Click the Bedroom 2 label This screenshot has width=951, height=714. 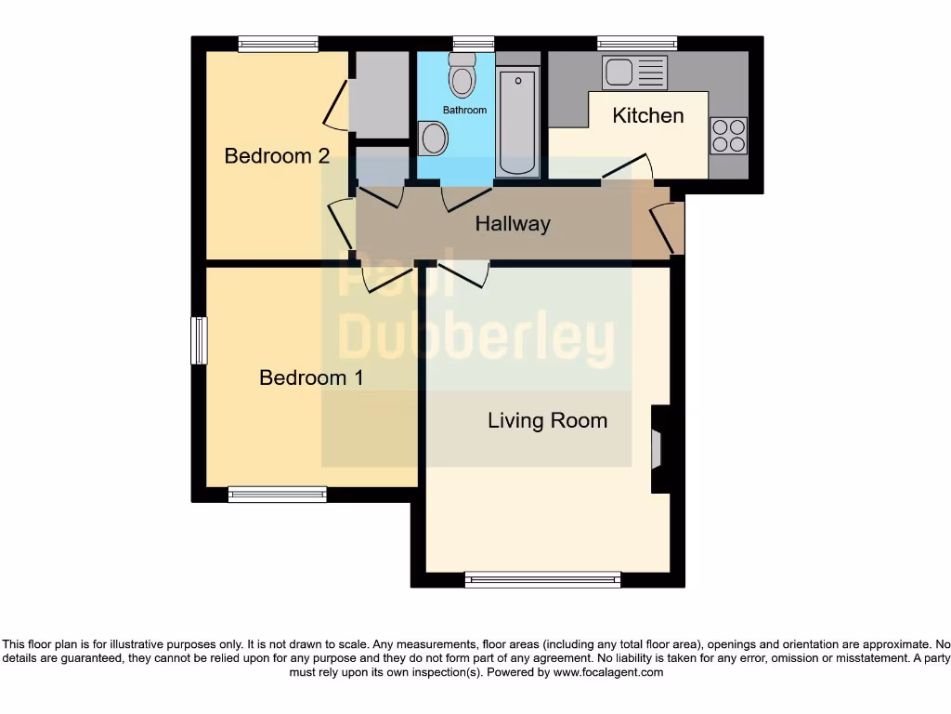pyautogui.click(x=277, y=155)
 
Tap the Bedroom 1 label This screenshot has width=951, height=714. pyautogui.click(x=311, y=377)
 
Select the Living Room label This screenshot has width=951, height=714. pyautogui.click(x=547, y=420)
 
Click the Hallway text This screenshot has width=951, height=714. pyautogui.click(x=513, y=224)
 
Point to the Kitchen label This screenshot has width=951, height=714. pyautogui.click(x=648, y=115)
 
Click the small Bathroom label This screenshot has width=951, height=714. pyautogui.click(x=464, y=110)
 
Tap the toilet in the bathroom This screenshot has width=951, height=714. pyautogui.click(x=461, y=75)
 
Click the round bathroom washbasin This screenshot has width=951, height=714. pyautogui.click(x=433, y=140)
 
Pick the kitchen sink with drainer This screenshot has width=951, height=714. pyautogui.click(x=634, y=73)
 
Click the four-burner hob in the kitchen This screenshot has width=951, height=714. pyautogui.click(x=728, y=135)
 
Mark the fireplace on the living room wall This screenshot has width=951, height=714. pyautogui.click(x=658, y=448)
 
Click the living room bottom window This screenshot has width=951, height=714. pyautogui.click(x=543, y=579)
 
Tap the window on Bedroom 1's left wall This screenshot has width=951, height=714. pyautogui.click(x=199, y=341)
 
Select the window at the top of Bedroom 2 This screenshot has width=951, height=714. pyautogui.click(x=278, y=43)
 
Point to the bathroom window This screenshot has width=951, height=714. pyautogui.click(x=474, y=43)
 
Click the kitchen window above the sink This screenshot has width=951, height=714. pyautogui.click(x=636, y=43)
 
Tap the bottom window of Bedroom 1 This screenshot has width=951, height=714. pyautogui.click(x=278, y=495)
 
